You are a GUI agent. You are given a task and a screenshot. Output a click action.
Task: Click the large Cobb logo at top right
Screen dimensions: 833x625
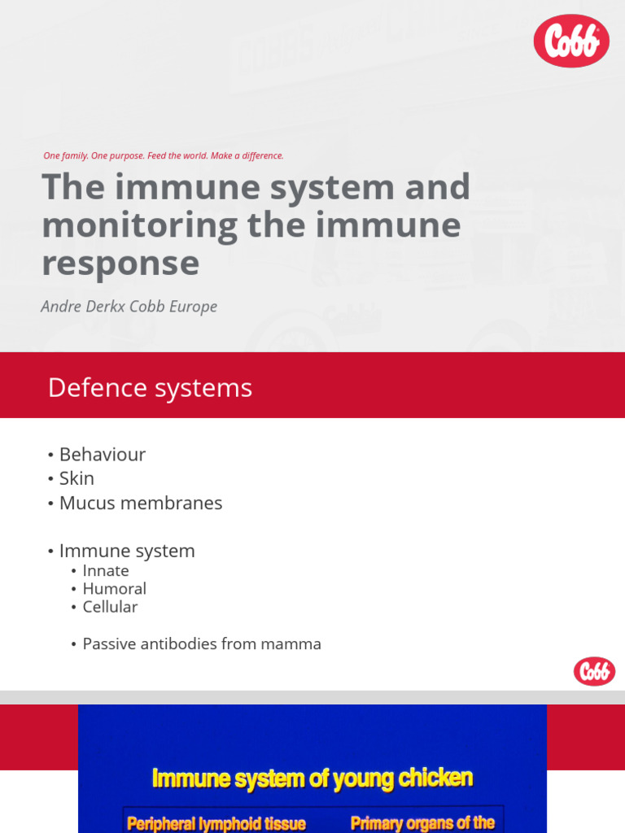tap(571, 41)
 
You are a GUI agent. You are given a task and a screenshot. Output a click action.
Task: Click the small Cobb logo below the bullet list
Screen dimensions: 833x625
tap(594, 671)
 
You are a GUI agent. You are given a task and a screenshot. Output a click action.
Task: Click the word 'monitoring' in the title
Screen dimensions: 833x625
tap(139, 225)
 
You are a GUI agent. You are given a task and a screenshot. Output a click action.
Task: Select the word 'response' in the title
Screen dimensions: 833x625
tap(120, 263)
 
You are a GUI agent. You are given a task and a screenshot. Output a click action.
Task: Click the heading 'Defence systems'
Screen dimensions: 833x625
tap(150, 388)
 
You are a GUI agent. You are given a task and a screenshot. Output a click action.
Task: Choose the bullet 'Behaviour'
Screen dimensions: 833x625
tap(102, 455)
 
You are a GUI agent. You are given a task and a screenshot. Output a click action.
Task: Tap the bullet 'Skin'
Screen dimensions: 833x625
tap(76, 478)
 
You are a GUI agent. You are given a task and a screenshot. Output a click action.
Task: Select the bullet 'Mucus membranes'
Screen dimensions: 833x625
tap(140, 503)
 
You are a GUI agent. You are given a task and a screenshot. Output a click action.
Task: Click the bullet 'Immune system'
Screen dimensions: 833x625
tap(126, 551)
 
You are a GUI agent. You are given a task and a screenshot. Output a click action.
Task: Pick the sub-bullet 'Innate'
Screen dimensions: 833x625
tap(105, 571)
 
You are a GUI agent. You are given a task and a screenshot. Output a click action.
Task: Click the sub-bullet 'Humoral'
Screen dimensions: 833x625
tap(114, 589)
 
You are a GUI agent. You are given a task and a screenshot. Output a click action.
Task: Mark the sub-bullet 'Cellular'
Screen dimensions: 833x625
tap(110, 607)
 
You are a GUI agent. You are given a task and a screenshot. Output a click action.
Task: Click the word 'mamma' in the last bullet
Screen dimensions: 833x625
tap(291, 644)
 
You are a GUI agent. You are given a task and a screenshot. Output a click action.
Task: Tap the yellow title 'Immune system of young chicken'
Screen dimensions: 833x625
tap(312, 778)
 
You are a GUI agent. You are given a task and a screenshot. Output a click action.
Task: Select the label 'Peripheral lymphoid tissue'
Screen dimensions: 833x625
tap(216, 823)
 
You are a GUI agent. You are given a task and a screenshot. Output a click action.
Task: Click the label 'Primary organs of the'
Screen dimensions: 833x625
tap(422, 822)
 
